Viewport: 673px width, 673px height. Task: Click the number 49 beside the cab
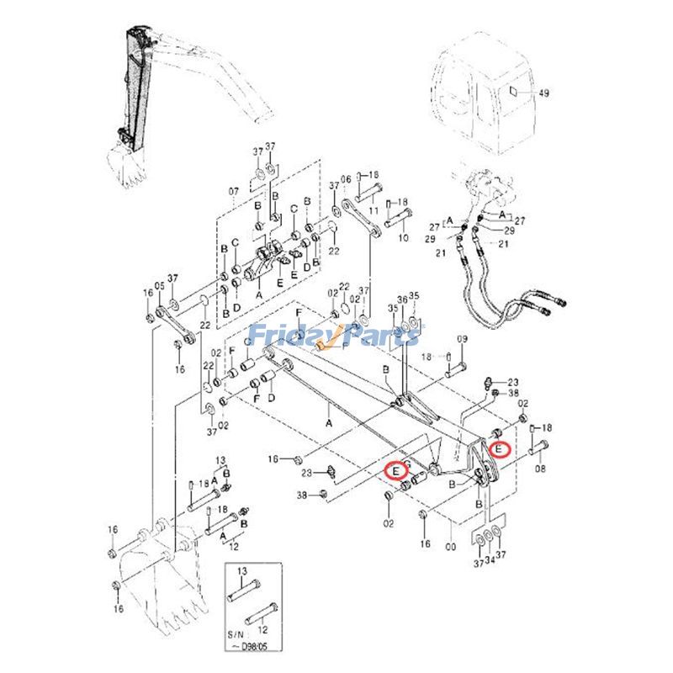pos(543,93)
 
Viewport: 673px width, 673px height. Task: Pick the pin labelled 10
pos(395,220)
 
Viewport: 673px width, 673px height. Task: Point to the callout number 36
pos(403,300)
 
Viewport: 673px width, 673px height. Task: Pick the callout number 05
pos(160,287)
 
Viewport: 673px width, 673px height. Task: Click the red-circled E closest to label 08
pos(500,449)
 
